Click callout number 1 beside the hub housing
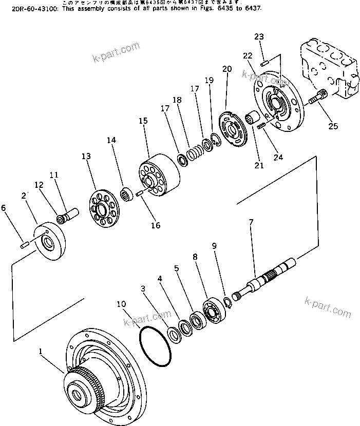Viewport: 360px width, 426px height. [41, 352]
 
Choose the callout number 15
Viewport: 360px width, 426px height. [143, 121]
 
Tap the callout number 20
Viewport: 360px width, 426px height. [227, 69]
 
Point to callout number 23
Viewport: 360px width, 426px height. [259, 36]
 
